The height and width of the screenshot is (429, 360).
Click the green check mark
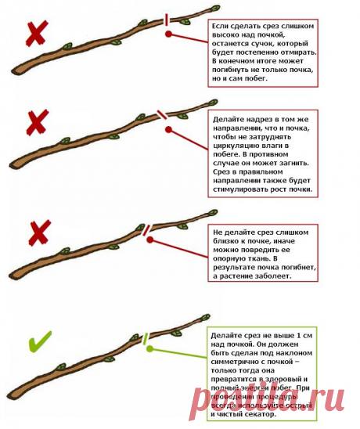point(39,341)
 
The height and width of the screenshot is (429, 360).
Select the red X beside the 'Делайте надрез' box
point(36,124)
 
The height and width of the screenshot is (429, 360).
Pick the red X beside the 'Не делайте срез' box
point(38,233)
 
